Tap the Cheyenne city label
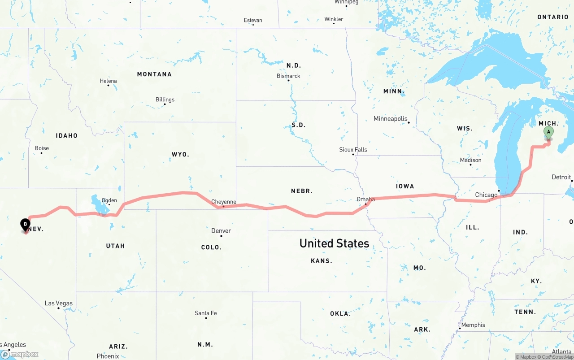(x=223, y=202)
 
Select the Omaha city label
(x=365, y=199)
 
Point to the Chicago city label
(x=486, y=195)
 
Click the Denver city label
(x=221, y=230)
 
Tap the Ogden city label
(x=109, y=200)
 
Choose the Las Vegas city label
(x=58, y=303)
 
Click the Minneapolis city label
(x=391, y=119)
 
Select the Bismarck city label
(x=288, y=76)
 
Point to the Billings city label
(x=165, y=100)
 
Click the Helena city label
(x=108, y=81)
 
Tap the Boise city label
(x=42, y=148)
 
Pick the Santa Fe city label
(x=206, y=313)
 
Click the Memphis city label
(x=473, y=325)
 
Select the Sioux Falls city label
(x=353, y=150)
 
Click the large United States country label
(x=334, y=243)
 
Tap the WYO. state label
(x=180, y=154)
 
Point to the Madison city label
(x=470, y=160)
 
